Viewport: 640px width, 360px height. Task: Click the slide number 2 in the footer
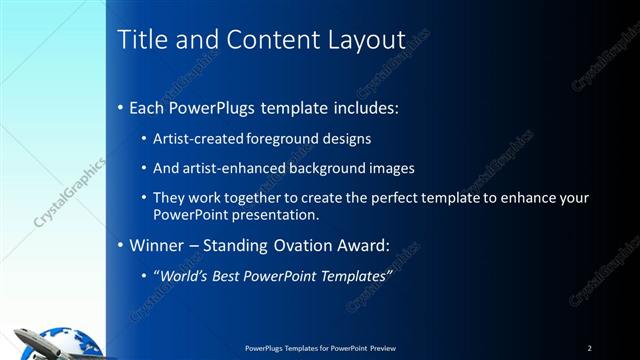(x=589, y=348)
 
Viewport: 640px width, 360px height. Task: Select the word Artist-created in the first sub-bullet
(x=196, y=138)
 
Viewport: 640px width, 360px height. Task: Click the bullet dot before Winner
(x=122, y=244)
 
